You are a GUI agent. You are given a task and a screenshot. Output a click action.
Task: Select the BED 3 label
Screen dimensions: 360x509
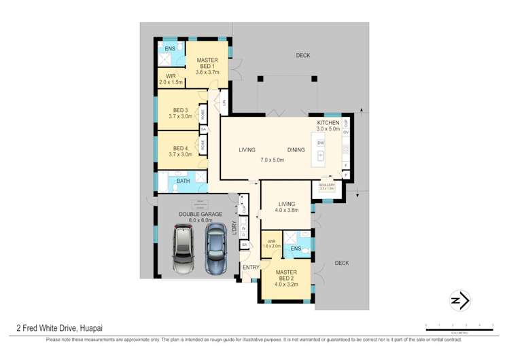pyautogui.click(x=180, y=110)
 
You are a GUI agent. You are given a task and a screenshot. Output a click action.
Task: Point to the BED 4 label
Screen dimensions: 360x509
pyautogui.click(x=180, y=148)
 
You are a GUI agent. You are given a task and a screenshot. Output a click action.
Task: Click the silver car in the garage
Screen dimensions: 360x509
pyautogui.click(x=183, y=247)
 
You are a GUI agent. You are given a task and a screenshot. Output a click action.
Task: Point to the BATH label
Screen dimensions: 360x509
pyautogui.click(x=183, y=181)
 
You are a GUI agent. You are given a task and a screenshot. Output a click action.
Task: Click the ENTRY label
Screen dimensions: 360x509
pyautogui.click(x=250, y=267)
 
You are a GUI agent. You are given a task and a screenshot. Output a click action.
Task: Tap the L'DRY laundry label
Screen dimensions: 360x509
pyautogui.click(x=233, y=228)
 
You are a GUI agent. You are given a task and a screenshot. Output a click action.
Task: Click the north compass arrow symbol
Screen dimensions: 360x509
pyautogui.click(x=461, y=300)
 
